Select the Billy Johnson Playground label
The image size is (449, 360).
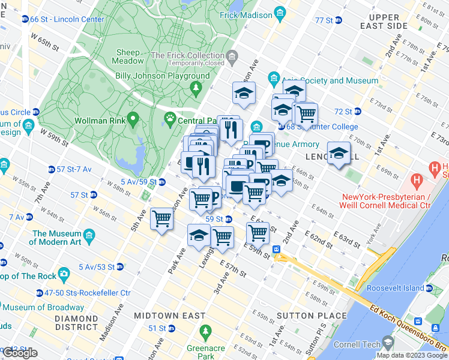click(x=163, y=76)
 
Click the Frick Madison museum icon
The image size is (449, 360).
click(x=279, y=13)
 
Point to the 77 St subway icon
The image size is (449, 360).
click(x=339, y=20)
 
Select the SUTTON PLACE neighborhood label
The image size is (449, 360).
click(x=312, y=316)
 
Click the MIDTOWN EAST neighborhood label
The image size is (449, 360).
click(x=169, y=316)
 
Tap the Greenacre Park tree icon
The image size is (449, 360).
click(x=205, y=331)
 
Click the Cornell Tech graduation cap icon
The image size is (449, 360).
click(x=388, y=344)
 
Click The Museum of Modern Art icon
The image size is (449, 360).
click(x=89, y=234)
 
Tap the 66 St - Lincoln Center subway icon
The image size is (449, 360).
click(x=25, y=19)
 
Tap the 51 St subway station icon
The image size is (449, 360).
click(x=172, y=328)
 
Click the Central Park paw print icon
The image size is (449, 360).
click(x=169, y=121)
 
